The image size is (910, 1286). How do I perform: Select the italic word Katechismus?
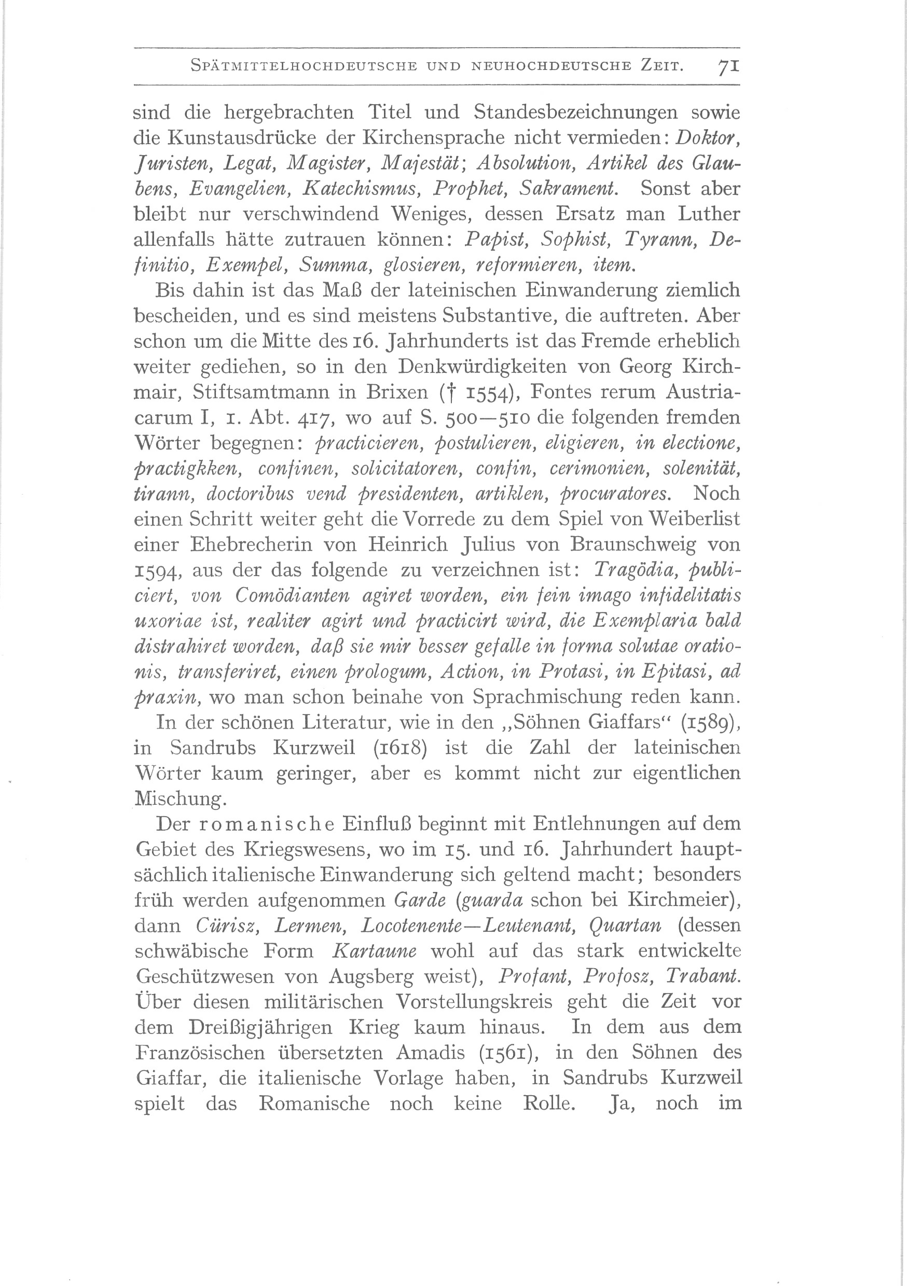click(360, 188)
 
